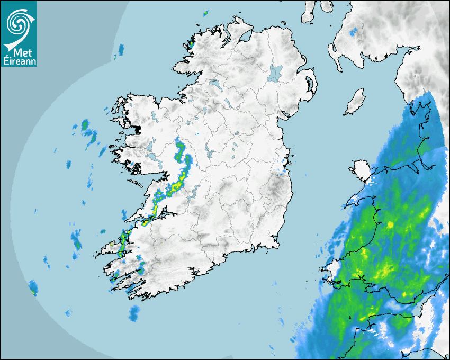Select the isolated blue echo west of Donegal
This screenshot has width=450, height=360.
pyautogui.click(x=121, y=50)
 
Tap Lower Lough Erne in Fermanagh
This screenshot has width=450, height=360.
pyautogui.click(x=214, y=84)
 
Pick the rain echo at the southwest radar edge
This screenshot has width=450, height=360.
pyautogui.click(x=34, y=289)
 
